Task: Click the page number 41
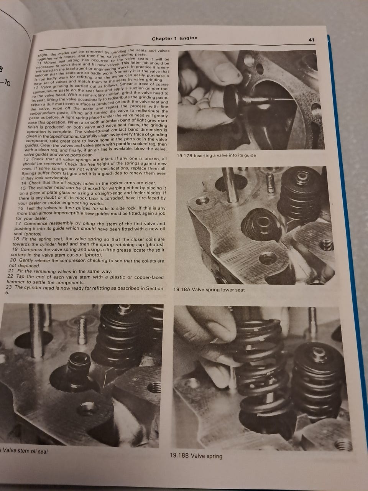pos(312,40)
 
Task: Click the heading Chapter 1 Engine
pos(174,38)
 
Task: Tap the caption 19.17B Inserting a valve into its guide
pos(216,155)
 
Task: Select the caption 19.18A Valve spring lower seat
pos(209,290)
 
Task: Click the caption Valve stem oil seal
pos(24,451)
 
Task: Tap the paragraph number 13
pos(26,159)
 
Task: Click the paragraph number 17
pos(18,224)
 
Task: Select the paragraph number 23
pos(9,287)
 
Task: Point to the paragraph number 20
pos(13,260)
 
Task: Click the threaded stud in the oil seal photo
pos(82,330)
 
